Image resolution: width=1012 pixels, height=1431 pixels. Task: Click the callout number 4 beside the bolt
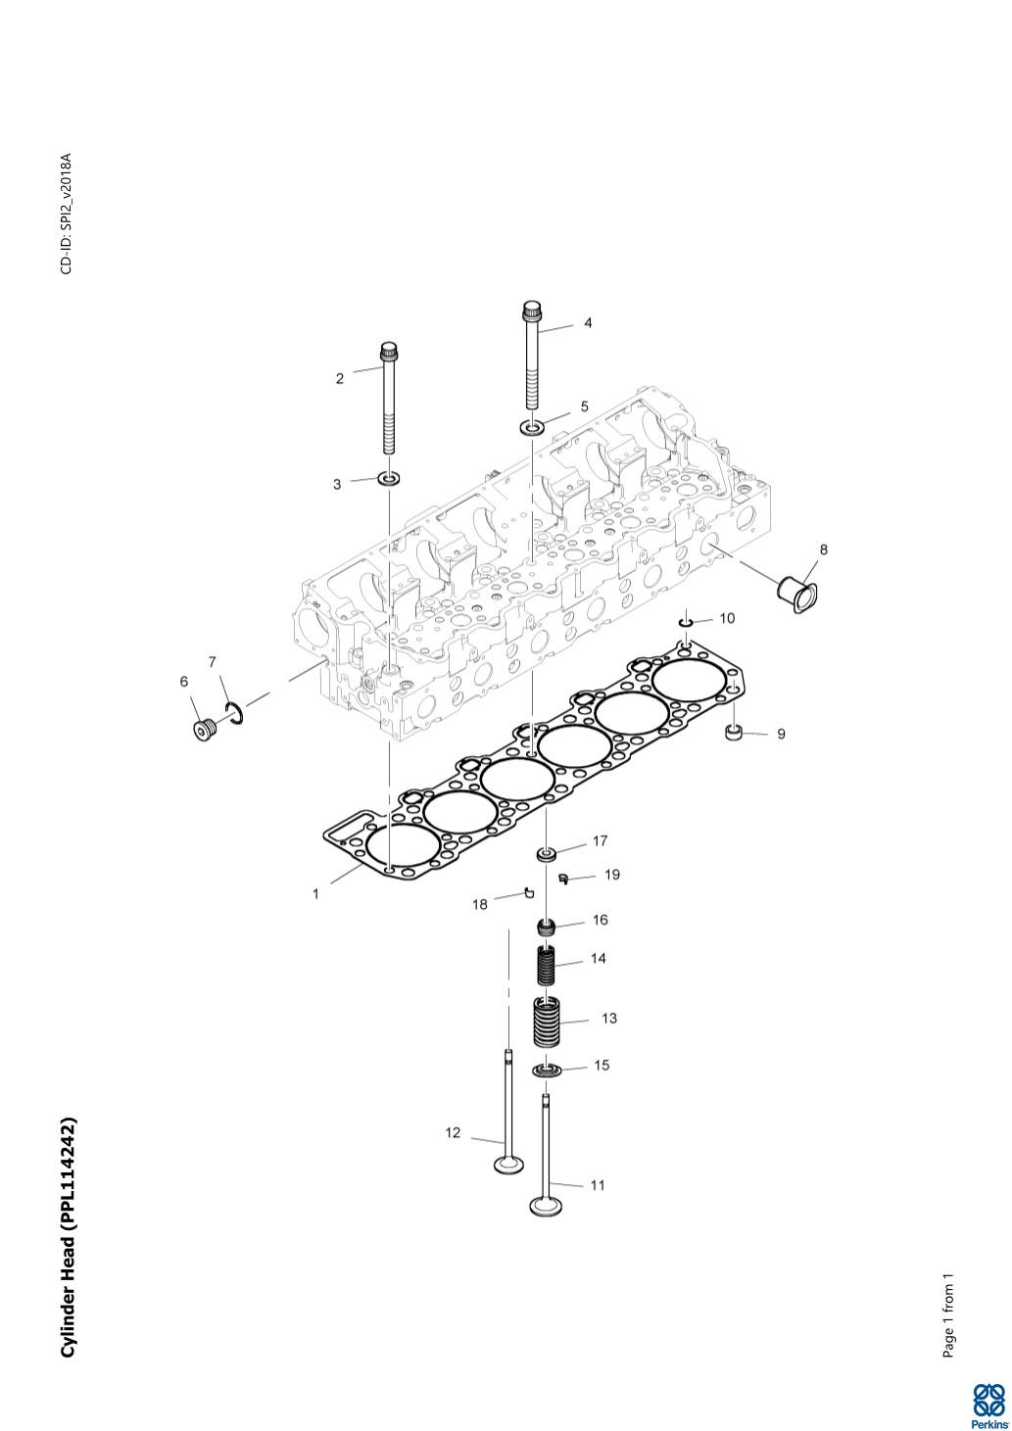[x=588, y=322]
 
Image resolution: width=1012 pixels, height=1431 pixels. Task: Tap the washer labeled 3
[x=390, y=479]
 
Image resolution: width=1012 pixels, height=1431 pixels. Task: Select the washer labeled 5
[x=533, y=427]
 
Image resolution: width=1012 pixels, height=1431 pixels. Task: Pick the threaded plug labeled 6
[x=203, y=730]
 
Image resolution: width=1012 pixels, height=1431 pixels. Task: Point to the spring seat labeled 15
[x=549, y=1070]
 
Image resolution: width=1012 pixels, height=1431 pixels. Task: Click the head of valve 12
[x=508, y=1166]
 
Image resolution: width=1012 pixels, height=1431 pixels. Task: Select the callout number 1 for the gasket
[x=315, y=894]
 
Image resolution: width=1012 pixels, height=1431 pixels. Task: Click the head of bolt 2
[x=388, y=349]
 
